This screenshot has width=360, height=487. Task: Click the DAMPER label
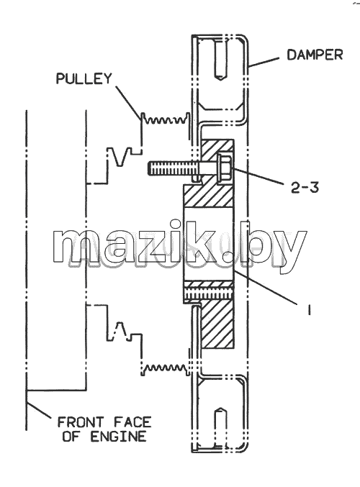coord(315,55)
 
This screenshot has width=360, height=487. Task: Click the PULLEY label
coord(84,78)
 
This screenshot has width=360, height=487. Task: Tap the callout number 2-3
coord(305,188)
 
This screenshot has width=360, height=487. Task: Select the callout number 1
coord(309,309)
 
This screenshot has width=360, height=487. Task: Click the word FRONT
coord(81,422)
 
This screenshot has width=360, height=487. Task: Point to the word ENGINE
coord(118,437)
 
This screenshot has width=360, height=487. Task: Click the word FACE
coord(132,422)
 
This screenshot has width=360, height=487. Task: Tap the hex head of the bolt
coord(225,168)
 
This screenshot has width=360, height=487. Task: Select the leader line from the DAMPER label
coord(264,62)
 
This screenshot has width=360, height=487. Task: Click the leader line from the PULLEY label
coord(128,103)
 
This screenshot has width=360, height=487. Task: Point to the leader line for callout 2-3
coord(258,176)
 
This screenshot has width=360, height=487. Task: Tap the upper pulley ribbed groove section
coord(165,119)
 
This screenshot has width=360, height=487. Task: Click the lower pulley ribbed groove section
coord(165,369)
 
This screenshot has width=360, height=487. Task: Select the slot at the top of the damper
coord(220,59)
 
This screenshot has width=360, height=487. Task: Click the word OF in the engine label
coord(71,437)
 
